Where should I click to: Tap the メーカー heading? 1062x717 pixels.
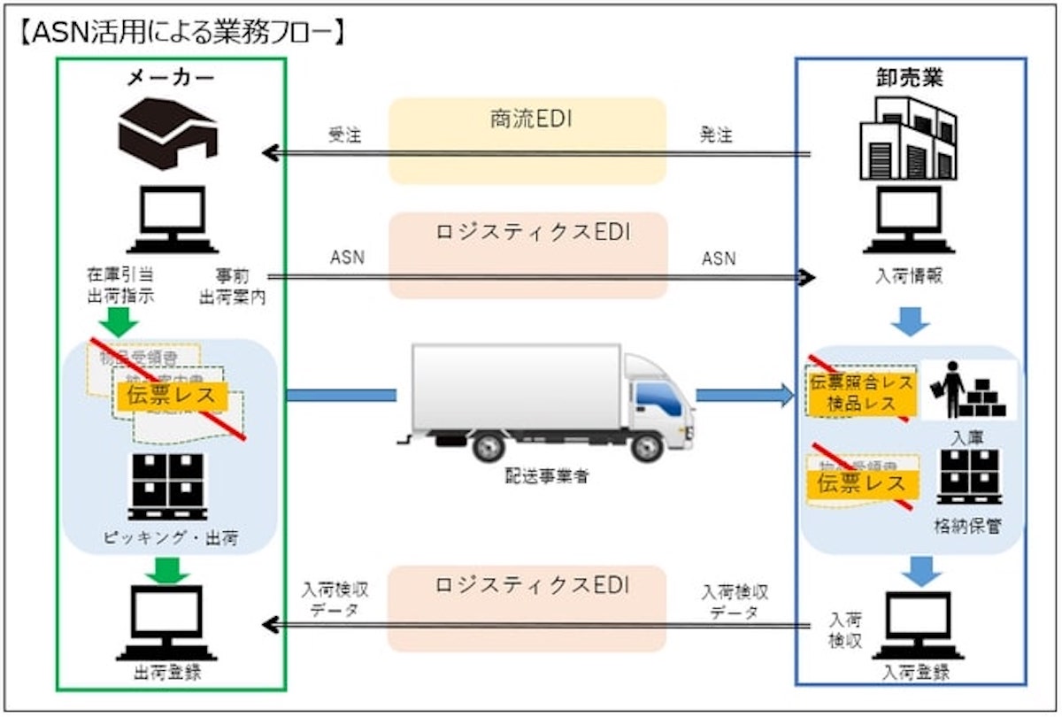click(170, 78)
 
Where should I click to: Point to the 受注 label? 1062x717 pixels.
click(344, 135)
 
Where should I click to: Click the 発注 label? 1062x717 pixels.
click(716, 135)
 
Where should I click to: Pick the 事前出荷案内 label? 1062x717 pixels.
click(233, 286)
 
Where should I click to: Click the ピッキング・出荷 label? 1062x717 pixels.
click(169, 537)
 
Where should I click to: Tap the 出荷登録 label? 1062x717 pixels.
click(167, 672)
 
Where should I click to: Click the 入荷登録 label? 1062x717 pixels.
click(915, 672)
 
